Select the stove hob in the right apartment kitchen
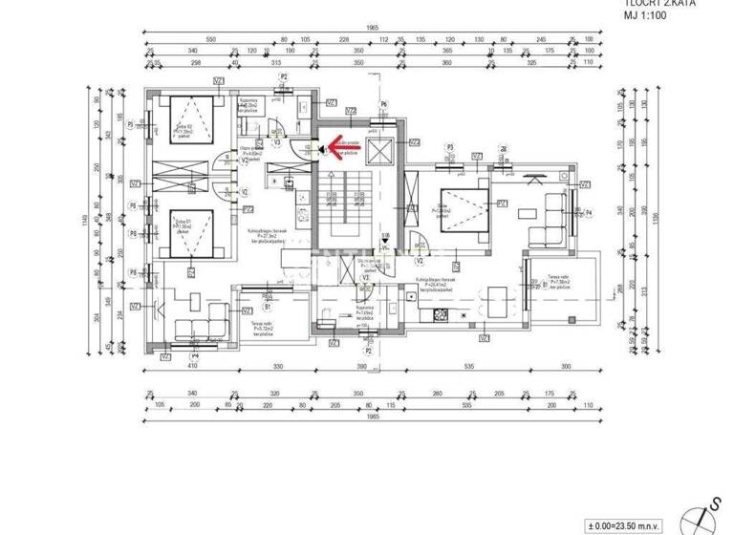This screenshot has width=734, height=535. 442,314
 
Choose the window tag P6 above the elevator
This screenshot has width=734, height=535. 383,104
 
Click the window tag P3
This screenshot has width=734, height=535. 449,146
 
